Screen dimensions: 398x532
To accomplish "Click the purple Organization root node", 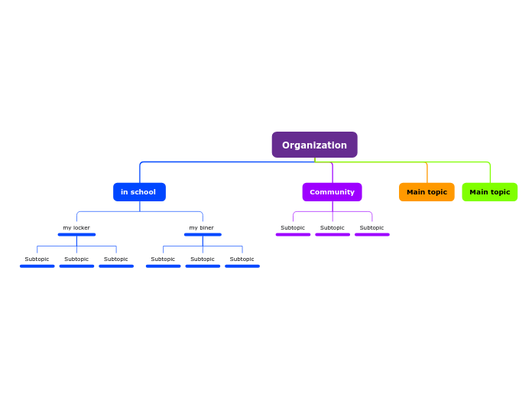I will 314,145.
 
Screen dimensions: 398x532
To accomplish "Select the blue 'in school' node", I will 139,192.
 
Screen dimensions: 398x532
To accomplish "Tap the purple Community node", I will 332,192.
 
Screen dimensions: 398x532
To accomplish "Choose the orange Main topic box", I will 427,192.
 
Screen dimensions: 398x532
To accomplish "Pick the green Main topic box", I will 489,192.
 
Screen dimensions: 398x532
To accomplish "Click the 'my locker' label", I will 76,227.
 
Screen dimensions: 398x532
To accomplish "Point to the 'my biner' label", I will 202,227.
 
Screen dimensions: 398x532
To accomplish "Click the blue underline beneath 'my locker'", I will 76,235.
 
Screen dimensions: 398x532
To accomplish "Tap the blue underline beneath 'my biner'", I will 203,235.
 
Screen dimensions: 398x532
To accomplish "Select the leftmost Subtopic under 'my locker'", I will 37,259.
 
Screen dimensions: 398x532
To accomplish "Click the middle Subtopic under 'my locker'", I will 76,259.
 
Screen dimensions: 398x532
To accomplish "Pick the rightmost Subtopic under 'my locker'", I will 116,259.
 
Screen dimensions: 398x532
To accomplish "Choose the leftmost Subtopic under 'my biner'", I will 163,259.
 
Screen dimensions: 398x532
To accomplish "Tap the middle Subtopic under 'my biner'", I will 203,259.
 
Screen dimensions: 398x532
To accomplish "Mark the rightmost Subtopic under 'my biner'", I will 242,259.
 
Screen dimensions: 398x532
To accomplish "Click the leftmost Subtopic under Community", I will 293,227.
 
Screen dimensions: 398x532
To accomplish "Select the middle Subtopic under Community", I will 332,227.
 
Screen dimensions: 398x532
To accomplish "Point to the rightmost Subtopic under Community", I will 372,227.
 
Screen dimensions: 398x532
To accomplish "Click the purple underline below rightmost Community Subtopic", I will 372,235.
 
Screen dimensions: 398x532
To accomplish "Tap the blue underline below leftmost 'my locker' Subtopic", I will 37,266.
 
